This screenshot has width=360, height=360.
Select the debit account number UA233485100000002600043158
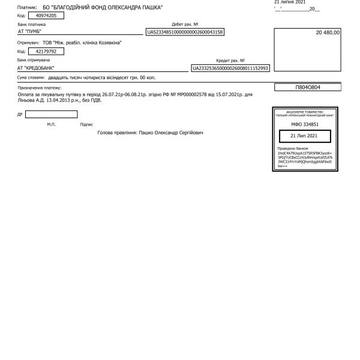click(x=185, y=32)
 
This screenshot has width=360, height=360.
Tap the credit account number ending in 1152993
click(x=230, y=69)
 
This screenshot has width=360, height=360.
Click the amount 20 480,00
click(x=327, y=32)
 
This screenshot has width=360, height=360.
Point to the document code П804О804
click(x=308, y=88)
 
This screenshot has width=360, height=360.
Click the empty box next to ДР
click(x=51, y=114)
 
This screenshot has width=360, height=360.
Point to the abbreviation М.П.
click(x=51, y=124)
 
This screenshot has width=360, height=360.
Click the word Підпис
click(x=86, y=124)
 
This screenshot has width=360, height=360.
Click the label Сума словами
click(x=31, y=77)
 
